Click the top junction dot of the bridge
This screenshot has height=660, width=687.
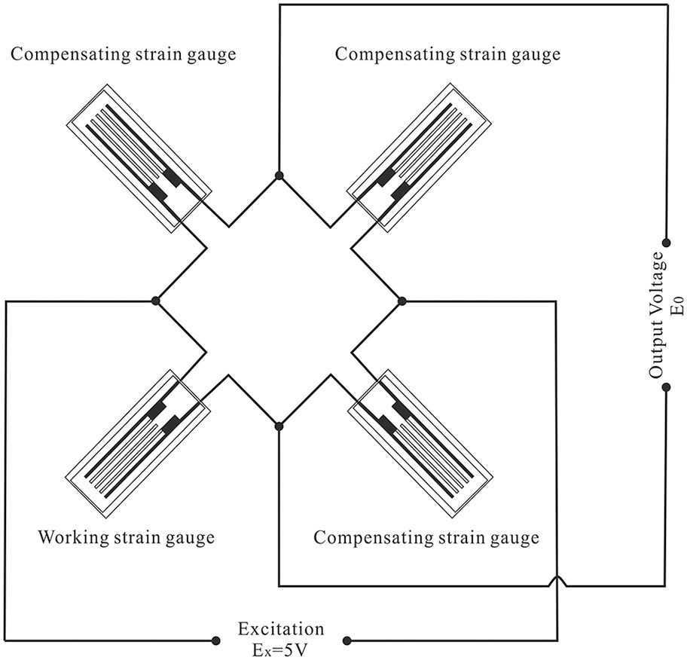coord(279,176)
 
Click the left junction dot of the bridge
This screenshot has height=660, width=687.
coord(156,301)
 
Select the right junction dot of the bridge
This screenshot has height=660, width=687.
coord(402,301)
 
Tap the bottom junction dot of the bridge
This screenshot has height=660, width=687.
coord(279,426)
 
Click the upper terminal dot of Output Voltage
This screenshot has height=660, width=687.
coord(666,243)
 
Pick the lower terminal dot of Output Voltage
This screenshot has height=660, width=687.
coord(666,388)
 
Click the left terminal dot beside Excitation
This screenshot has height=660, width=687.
coord(210,641)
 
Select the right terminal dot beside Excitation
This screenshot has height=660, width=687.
coord(347,641)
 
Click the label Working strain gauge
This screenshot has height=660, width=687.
coord(126,538)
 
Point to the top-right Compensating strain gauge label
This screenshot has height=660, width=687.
coord(447,54)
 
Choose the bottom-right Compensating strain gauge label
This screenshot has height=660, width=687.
coord(426,538)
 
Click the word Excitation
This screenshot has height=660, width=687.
coord(281,628)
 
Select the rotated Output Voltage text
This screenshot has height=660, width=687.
coord(656,315)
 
